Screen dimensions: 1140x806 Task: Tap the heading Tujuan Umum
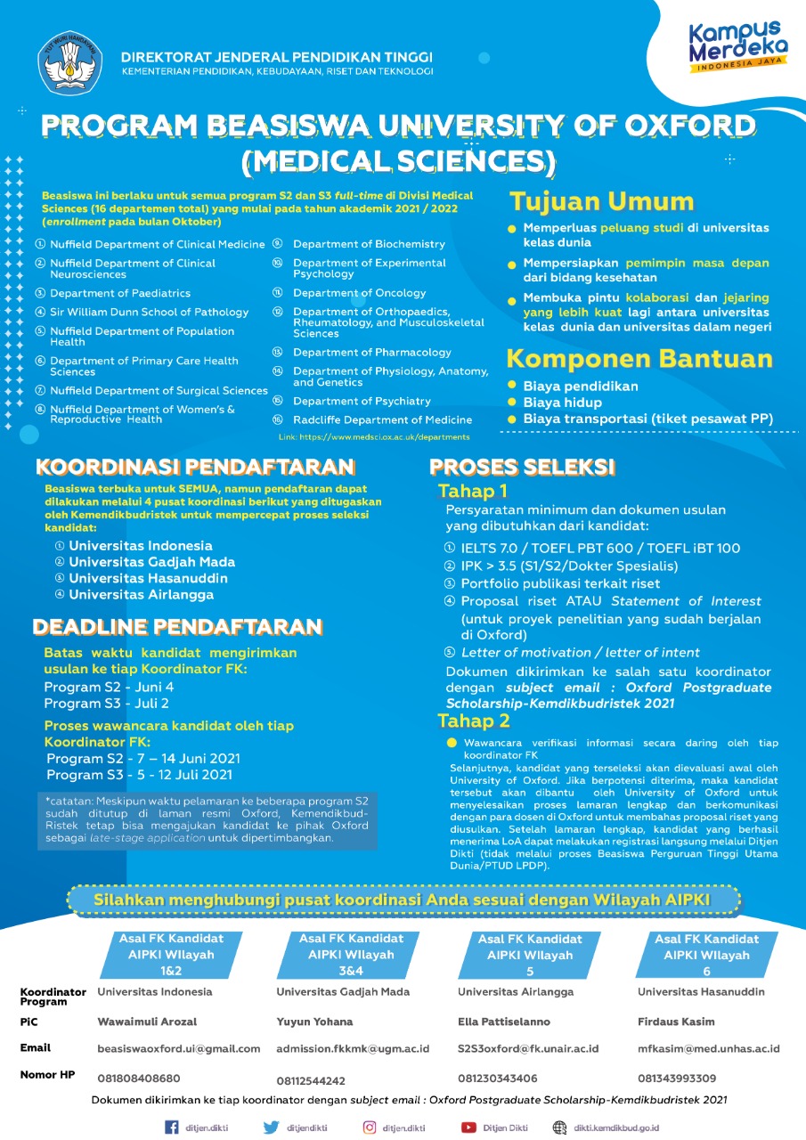[x=600, y=201]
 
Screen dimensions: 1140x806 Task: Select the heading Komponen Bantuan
[x=639, y=359]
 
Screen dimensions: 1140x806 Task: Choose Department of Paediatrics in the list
[x=120, y=293]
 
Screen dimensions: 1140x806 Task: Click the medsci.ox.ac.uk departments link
[x=374, y=437]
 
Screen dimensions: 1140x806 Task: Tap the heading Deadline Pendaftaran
[x=177, y=627]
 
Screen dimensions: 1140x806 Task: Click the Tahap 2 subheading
[x=474, y=721]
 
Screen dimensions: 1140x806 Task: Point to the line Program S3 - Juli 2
[x=106, y=704]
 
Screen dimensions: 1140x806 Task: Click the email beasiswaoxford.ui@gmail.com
[x=179, y=1049]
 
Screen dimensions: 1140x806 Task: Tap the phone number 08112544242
[x=311, y=1080]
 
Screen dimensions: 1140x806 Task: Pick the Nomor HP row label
[x=48, y=1075]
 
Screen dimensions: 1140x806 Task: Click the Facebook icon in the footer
[x=173, y=1128]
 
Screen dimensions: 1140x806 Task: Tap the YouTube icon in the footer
[x=468, y=1128]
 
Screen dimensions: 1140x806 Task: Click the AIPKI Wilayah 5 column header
[x=530, y=955]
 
